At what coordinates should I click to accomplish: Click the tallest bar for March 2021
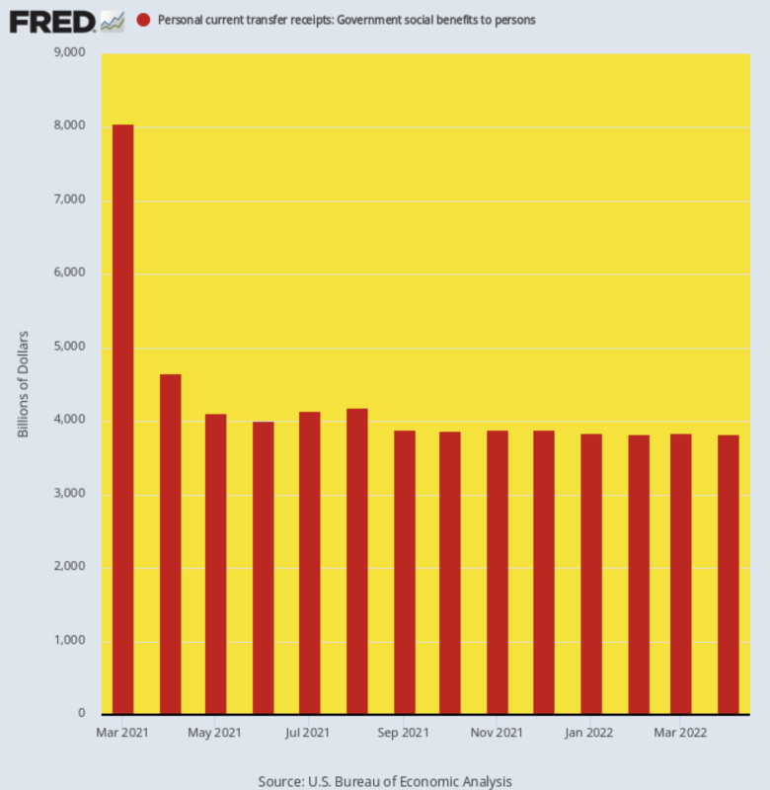click(122, 419)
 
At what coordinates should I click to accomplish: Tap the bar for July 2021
click(310, 563)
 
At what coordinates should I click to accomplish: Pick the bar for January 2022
click(591, 573)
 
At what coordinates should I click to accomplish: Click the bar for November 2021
click(498, 573)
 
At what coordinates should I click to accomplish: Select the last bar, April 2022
click(728, 574)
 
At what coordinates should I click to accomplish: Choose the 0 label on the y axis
click(81, 714)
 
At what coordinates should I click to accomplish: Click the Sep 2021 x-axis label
click(403, 733)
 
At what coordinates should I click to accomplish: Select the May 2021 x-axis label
click(214, 733)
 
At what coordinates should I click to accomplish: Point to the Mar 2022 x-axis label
click(680, 733)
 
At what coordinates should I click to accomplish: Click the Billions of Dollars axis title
click(24, 385)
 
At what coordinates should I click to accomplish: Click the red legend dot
click(143, 20)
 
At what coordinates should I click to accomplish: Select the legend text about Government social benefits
click(346, 20)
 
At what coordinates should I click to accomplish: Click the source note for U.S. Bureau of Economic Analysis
click(385, 781)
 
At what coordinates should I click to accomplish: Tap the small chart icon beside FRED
click(112, 20)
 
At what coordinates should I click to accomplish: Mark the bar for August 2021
click(356, 561)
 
